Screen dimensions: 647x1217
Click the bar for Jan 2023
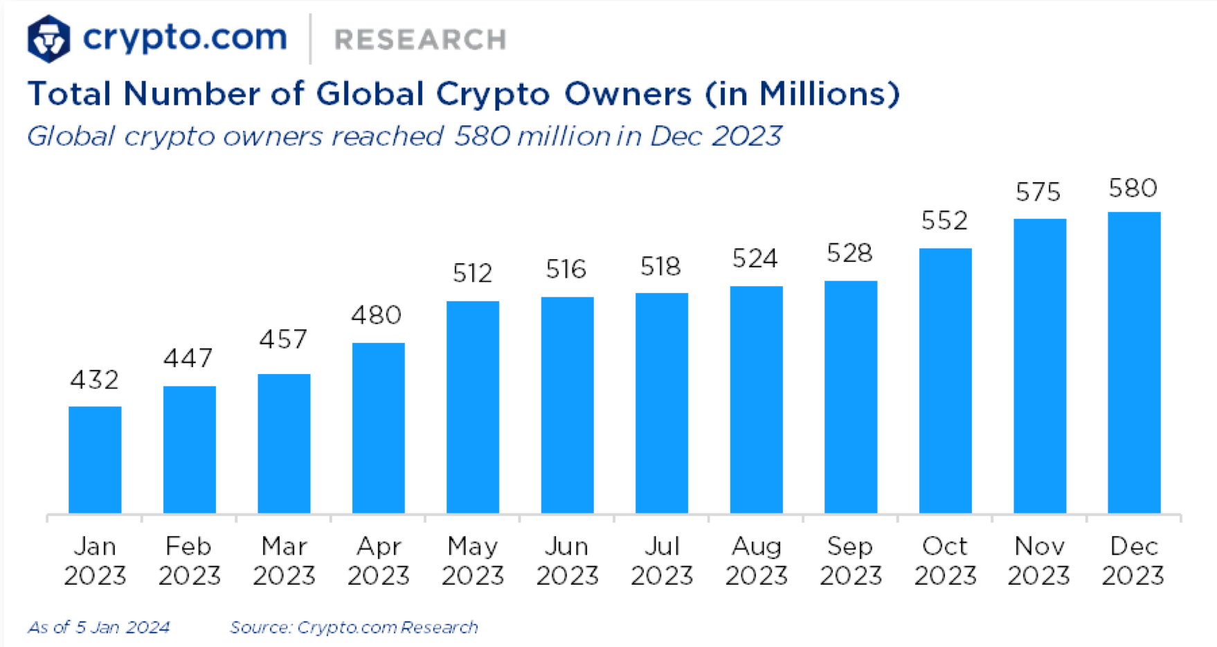pos(95,460)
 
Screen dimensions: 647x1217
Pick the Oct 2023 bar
pos(945,381)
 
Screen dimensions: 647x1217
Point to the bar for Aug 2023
pos(756,400)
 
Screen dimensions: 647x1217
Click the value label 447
pos(188,358)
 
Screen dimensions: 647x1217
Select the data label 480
pos(376,316)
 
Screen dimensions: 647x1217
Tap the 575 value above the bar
pos(1038,192)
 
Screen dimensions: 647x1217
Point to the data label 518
pos(660,267)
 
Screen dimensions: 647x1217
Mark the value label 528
pos(849,254)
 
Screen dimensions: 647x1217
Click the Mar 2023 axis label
pos(284,561)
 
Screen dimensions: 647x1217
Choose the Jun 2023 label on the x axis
pos(567,561)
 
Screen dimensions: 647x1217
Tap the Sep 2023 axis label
pos(850,561)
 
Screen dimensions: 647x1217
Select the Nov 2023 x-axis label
pos(1038,561)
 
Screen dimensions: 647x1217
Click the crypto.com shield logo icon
pos(48,39)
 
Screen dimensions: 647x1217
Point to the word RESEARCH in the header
pos(420,39)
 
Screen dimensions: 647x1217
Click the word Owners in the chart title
pos(628,94)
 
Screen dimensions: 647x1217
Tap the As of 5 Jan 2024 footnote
pos(98,628)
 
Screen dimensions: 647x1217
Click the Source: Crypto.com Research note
pos(354,628)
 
